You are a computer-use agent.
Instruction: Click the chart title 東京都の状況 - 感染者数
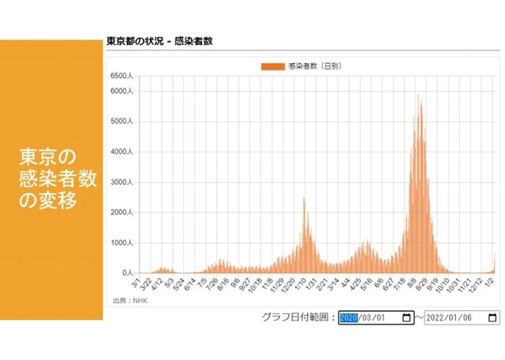point(159,41)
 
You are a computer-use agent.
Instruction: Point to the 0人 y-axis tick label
point(126,273)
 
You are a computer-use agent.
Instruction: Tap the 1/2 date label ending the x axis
point(493,282)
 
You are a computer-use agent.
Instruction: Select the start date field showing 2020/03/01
point(376,318)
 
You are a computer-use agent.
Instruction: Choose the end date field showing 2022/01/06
point(461,318)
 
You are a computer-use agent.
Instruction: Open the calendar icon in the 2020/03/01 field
point(406,318)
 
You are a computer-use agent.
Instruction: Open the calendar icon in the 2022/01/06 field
point(492,318)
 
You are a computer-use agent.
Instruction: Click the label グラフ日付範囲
point(297,318)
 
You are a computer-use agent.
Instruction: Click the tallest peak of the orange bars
point(418,96)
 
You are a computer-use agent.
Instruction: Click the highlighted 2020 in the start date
point(349,318)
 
